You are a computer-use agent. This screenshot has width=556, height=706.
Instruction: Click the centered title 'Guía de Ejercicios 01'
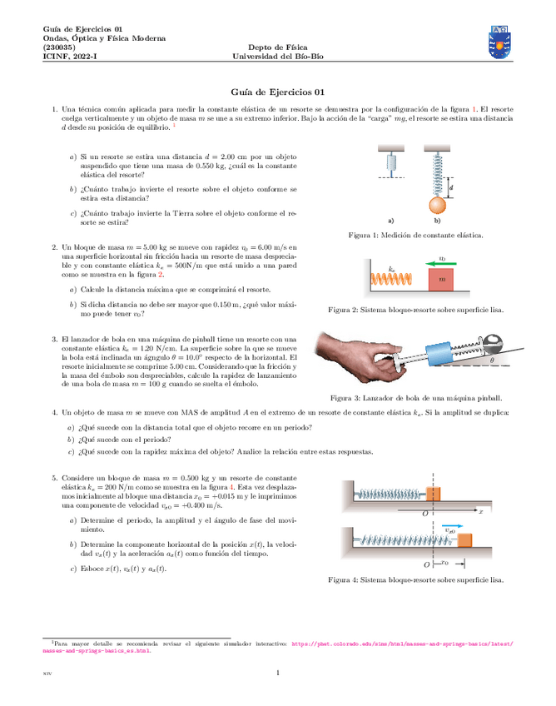[x=277, y=92]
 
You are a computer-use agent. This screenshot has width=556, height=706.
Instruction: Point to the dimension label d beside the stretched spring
[x=450, y=189]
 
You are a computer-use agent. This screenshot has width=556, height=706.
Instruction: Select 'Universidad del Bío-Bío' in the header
[x=277, y=57]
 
